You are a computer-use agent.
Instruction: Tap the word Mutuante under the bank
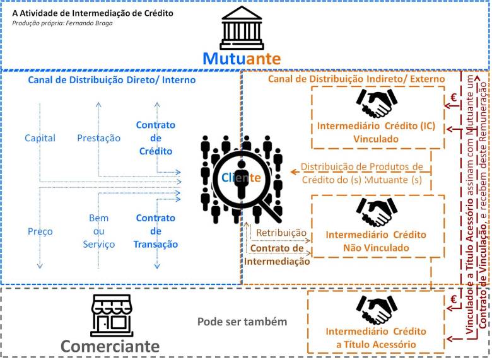click(x=242, y=59)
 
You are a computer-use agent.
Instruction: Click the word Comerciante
click(x=110, y=346)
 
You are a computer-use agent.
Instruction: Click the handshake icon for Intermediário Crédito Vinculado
click(x=377, y=103)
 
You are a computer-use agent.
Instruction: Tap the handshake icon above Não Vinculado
click(x=377, y=213)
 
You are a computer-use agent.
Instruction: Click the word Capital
click(x=40, y=138)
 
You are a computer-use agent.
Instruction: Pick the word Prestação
click(x=98, y=138)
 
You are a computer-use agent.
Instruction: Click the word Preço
click(x=40, y=231)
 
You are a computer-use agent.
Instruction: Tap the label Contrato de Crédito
click(x=155, y=138)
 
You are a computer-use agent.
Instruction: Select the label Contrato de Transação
click(x=155, y=231)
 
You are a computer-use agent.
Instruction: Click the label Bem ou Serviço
click(x=98, y=231)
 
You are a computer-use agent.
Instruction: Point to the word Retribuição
click(x=281, y=233)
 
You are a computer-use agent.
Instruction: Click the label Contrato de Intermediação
click(x=278, y=255)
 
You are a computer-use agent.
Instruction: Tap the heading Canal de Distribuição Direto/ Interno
click(x=112, y=80)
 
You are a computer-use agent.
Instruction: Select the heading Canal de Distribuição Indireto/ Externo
click(x=357, y=79)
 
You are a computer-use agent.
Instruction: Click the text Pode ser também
click(x=242, y=322)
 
